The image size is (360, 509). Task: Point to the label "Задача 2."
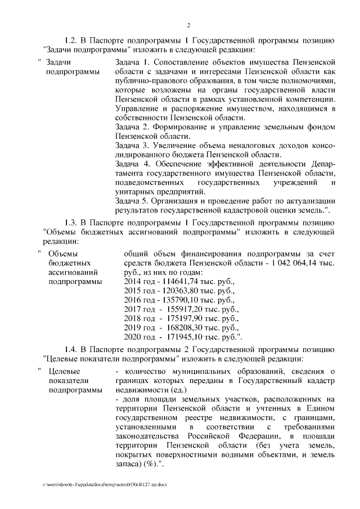132,127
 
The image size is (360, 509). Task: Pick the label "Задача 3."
132,145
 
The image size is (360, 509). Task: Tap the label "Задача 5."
132,201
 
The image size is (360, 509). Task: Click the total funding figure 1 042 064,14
293,264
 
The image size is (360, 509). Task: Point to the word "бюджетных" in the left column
67,263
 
